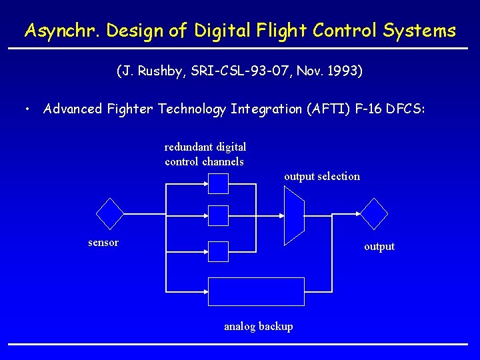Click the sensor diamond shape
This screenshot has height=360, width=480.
pyautogui.click(x=110, y=214)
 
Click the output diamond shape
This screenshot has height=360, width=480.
pyautogui.click(x=374, y=214)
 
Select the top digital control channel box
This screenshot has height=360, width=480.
pyautogui.click(x=218, y=183)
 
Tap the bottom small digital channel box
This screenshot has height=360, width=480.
pyautogui.click(x=218, y=251)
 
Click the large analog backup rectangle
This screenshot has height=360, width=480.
pyautogui.click(x=257, y=291)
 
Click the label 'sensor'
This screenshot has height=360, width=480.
pyautogui.click(x=103, y=243)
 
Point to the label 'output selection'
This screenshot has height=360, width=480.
pyautogui.click(x=321, y=177)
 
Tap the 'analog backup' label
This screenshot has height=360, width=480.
pyautogui.click(x=258, y=326)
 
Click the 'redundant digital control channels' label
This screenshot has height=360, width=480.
pyautogui.click(x=205, y=154)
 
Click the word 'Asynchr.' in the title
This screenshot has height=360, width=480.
pyautogui.click(x=53, y=31)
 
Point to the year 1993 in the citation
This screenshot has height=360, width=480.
pyautogui.click(x=343, y=71)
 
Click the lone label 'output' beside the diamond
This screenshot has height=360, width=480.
pyautogui.click(x=379, y=247)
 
